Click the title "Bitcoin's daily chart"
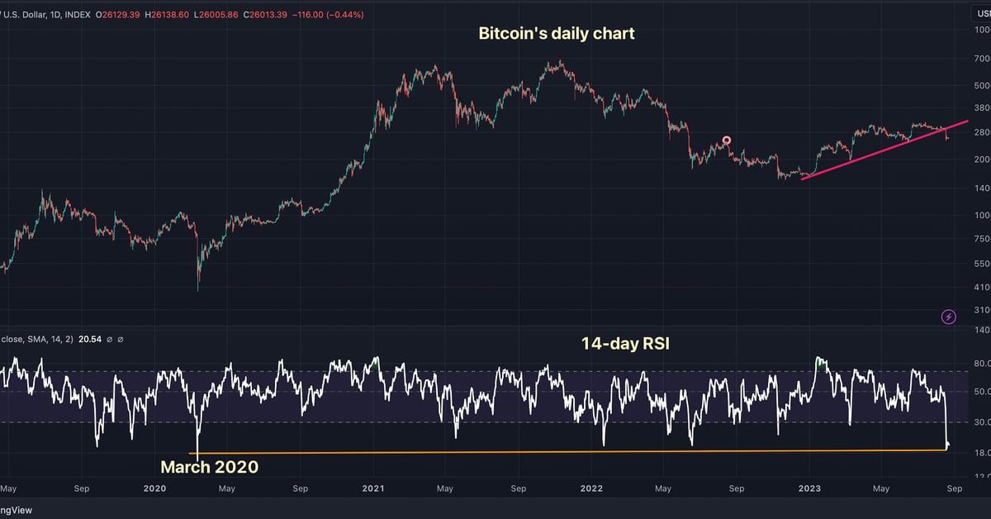pyautogui.click(x=557, y=34)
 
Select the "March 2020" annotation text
pyautogui.click(x=210, y=467)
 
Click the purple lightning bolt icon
pyautogui.click(x=949, y=317)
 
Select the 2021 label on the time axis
pyautogui.click(x=373, y=488)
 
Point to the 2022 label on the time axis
pyautogui.click(x=591, y=488)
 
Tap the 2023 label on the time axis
pyautogui.click(x=809, y=488)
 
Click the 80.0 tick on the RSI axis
pyautogui.click(x=981, y=364)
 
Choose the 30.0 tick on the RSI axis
pyautogui.click(x=981, y=422)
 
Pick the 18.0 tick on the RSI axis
pyautogui.click(x=981, y=453)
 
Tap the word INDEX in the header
pyautogui.click(x=75, y=16)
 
